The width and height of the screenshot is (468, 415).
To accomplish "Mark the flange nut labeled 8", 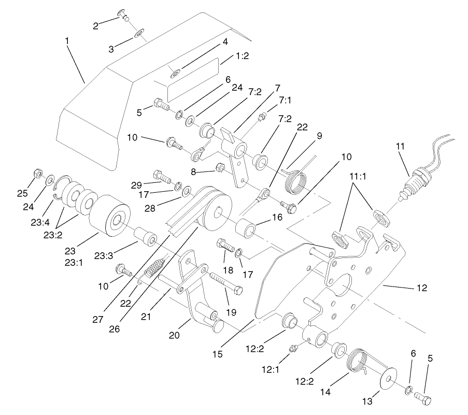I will pos(219,167).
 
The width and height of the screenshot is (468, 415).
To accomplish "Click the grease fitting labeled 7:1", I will pos(262,116).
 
